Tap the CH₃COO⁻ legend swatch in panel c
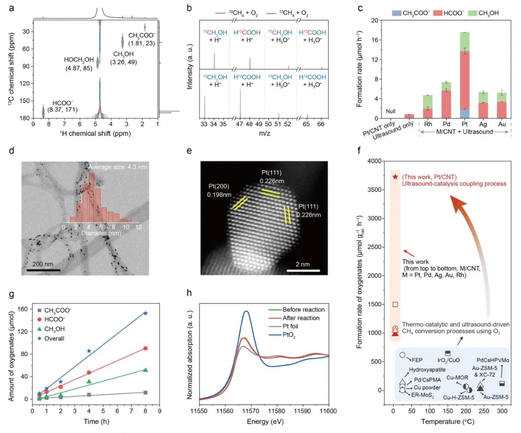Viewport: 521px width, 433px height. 397,13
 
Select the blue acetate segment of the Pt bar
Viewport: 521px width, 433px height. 465,114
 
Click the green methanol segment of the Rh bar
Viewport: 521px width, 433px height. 427,102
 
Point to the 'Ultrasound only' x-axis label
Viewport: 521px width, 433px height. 394,131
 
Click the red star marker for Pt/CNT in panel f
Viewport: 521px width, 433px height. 395,177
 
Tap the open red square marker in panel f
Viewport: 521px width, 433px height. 395,304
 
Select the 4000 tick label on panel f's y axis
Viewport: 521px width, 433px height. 374,161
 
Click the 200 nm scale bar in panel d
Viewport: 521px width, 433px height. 43,270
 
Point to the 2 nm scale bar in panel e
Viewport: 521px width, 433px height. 303,271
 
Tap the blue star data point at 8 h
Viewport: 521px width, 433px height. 145,313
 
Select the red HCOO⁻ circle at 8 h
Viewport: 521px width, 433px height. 145,348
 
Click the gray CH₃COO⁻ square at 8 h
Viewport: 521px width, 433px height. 145,393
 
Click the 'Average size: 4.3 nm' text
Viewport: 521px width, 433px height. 117,167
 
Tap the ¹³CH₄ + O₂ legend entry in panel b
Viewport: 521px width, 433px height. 287,13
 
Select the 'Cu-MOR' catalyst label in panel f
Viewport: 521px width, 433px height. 457,378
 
